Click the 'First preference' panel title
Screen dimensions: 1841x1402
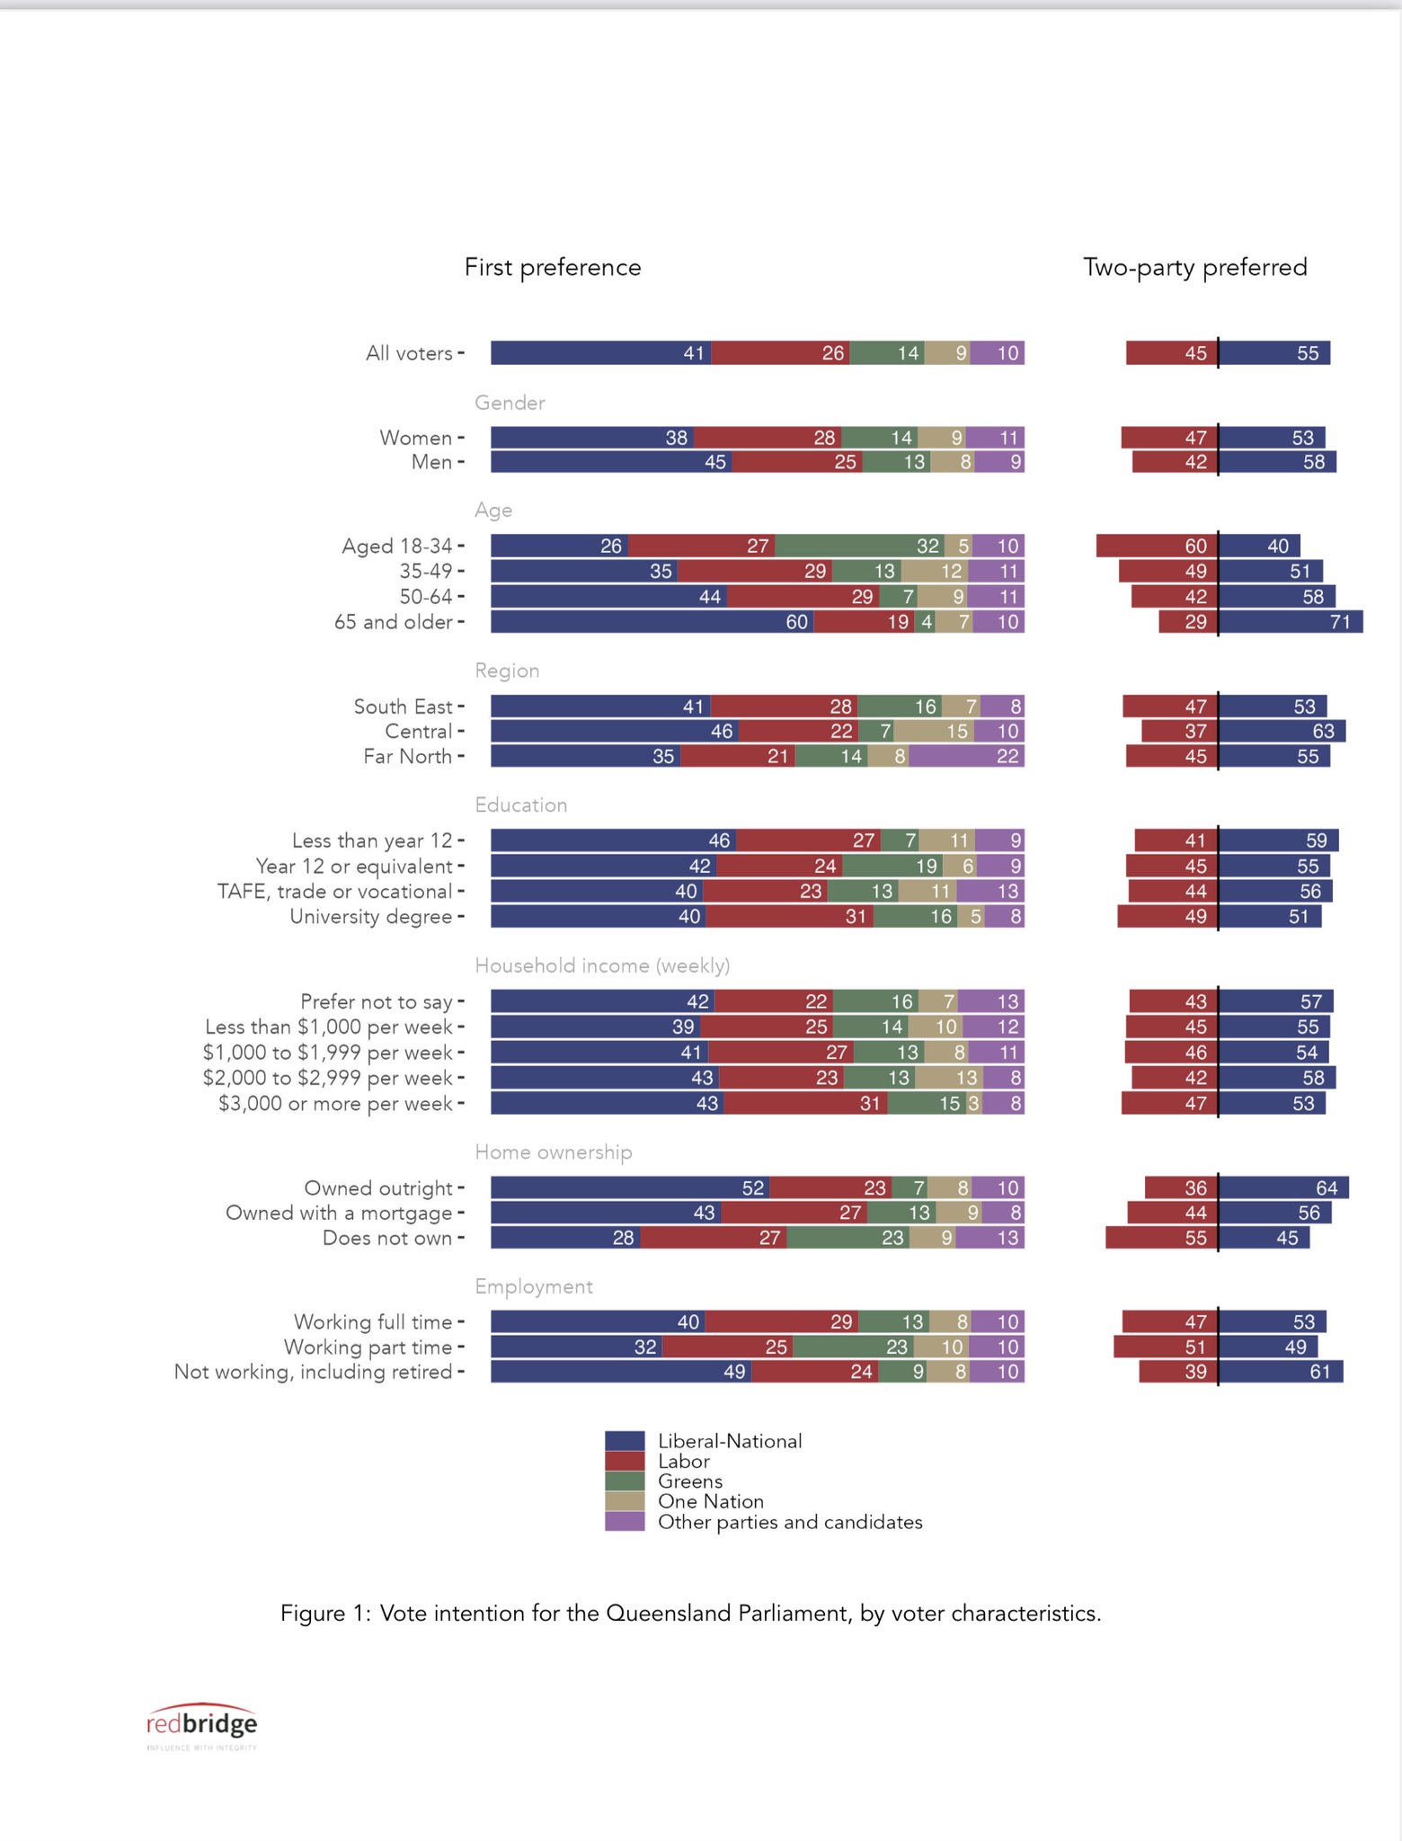pos(553,267)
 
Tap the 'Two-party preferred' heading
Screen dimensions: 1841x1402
pos(1194,267)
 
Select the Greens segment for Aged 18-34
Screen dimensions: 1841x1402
pos(859,546)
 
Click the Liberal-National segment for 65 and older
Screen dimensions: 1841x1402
pos(652,622)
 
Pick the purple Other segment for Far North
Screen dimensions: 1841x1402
pos(966,756)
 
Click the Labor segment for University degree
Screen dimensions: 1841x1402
pos(789,917)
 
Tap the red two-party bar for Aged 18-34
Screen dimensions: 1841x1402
pos(1157,546)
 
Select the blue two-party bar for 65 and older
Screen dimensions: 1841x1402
pos(1291,622)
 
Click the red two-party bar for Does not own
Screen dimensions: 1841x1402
pos(1162,1238)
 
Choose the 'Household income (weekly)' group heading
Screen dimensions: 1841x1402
pos(602,965)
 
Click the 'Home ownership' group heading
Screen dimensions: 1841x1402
pos(554,1152)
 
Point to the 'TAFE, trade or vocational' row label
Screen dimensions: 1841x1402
pos(334,892)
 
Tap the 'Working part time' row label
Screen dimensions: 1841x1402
pos(368,1347)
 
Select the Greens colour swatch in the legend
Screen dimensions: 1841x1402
pos(625,1481)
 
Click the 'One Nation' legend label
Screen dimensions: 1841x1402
pos(711,1501)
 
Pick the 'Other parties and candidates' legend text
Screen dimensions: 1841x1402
pos(790,1522)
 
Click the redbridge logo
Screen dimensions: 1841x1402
pos(201,1723)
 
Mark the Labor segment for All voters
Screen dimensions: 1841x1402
pos(780,353)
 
